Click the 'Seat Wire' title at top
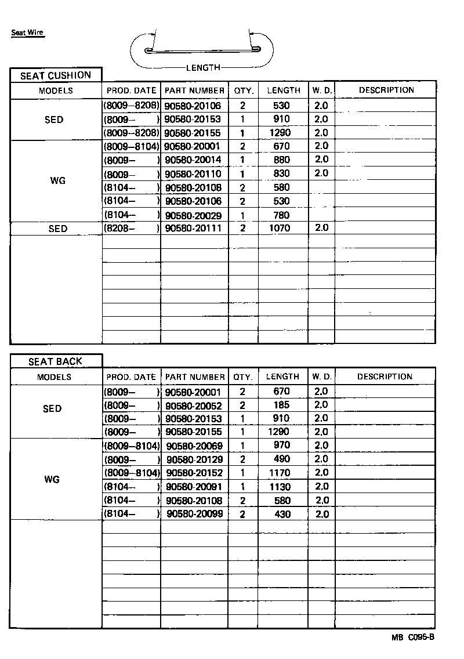coord(28,32)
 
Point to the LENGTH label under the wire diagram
coord(203,67)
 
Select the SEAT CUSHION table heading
coord(56,75)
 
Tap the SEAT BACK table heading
coord(56,361)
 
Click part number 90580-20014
coord(193,160)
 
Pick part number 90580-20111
coord(193,229)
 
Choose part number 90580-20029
coord(193,215)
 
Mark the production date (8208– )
coord(131,229)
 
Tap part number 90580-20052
coord(193,405)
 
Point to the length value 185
coord(282,405)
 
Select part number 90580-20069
coord(194,446)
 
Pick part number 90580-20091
coord(194,487)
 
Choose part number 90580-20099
coord(194,514)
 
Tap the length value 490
coord(282,459)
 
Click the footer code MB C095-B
coord(412,637)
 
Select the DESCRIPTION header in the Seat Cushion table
coord(386,90)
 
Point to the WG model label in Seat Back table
coord(52,480)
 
